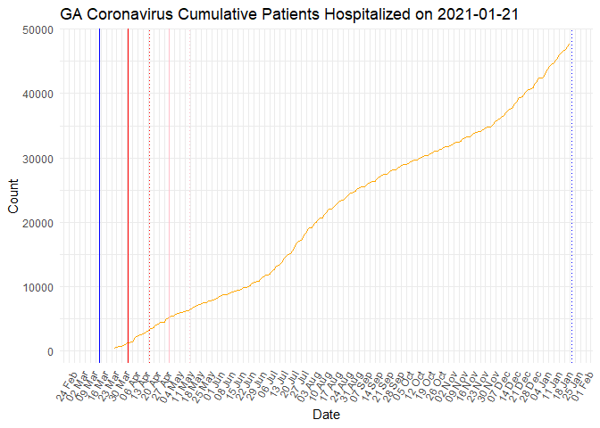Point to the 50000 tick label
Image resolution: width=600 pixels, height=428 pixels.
click(x=34, y=29)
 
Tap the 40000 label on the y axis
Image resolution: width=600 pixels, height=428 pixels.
click(x=34, y=94)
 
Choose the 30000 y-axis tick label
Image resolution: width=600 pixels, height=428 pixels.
click(x=34, y=158)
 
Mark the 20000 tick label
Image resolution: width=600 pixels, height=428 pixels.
click(x=34, y=223)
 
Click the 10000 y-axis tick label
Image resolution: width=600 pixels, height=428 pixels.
click(x=34, y=287)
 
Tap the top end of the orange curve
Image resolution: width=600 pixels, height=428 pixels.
click(x=570, y=44)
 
